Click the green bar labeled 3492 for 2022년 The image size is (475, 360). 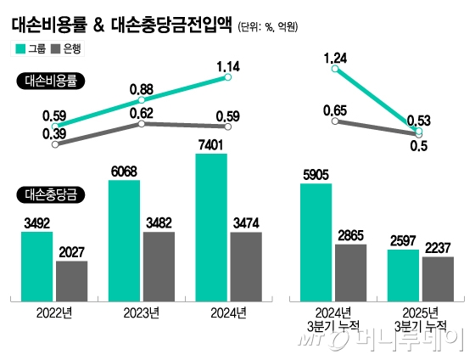tap(36, 264)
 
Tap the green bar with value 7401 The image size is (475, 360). tap(211, 225)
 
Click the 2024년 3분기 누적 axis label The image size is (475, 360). tap(333, 320)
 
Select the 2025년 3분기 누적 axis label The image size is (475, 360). tap(421, 320)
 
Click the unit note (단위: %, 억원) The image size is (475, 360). tap(267, 26)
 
